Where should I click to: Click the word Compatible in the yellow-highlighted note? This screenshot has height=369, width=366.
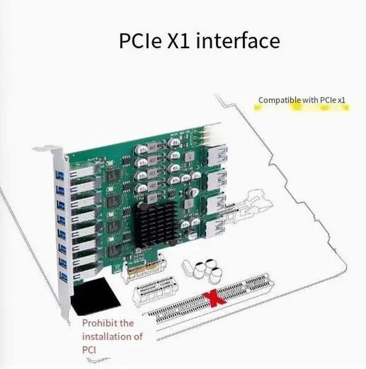[x=280, y=100]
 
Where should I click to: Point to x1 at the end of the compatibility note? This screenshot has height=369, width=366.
[x=340, y=100]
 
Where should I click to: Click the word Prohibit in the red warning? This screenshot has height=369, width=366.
[x=100, y=323]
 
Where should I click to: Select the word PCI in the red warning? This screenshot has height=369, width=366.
[x=90, y=350]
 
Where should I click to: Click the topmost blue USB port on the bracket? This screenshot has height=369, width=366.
[x=59, y=174]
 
